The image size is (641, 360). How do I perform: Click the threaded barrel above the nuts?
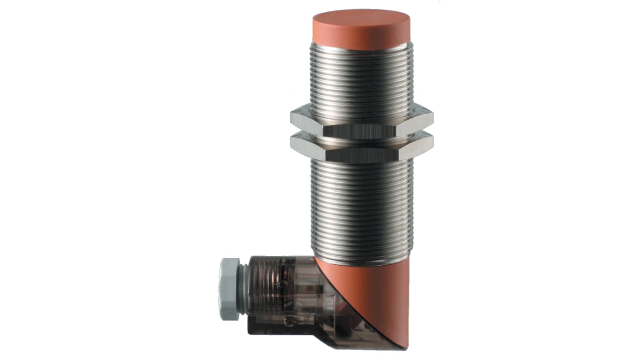(x=361, y=77)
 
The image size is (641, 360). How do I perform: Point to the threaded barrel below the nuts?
(x=361, y=208)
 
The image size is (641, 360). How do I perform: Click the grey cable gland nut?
(x=229, y=289)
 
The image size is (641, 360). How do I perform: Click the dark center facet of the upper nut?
(x=361, y=131)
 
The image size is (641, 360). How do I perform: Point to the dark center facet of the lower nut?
(x=361, y=156)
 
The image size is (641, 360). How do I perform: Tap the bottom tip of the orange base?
(x=404, y=345)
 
